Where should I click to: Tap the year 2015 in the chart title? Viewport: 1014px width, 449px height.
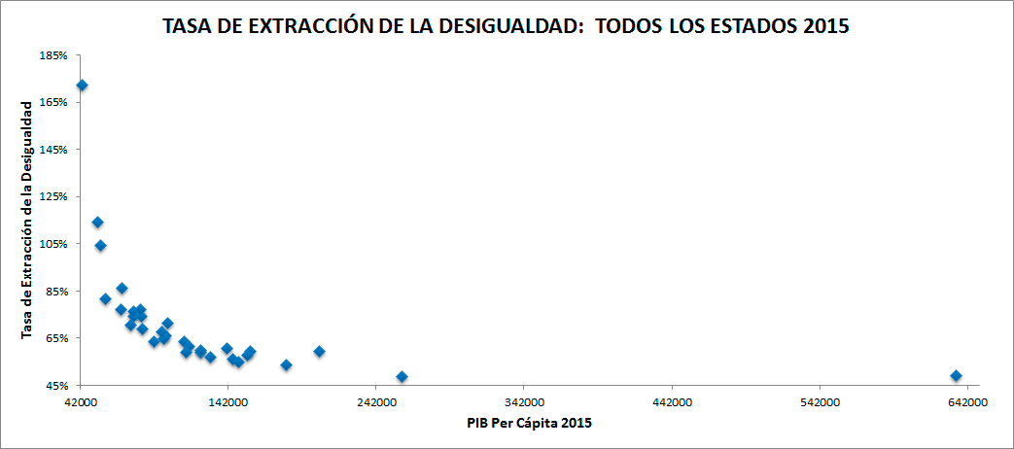tap(824, 27)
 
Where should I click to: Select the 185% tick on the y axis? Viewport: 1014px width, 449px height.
tap(53, 55)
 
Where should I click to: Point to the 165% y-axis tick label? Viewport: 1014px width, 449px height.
tap(53, 102)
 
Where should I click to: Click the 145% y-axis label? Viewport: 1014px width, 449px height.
tap(53, 150)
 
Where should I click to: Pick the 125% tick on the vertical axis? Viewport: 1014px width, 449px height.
tap(53, 196)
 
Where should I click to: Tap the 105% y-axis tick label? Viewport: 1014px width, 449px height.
tap(53, 244)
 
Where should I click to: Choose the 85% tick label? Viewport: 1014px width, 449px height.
tap(56, 291)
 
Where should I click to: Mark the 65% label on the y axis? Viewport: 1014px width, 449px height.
tap(56, 338)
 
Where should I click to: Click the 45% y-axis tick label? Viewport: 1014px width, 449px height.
tap(56, 386)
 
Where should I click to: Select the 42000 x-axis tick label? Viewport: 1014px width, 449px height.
tap(81, 402)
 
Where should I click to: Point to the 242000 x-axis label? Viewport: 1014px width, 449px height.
tap(375, 402)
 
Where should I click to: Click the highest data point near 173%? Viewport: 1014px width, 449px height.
tap(82, 86)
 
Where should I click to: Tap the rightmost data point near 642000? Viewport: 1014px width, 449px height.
tap(956, 375)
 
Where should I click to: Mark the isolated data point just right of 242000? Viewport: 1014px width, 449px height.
tap(402, 376)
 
